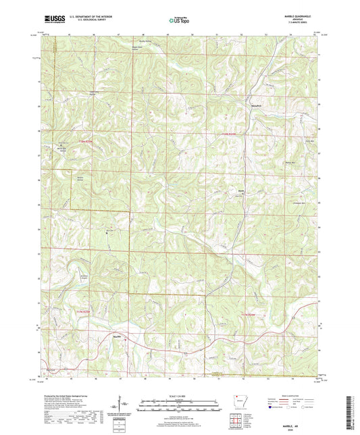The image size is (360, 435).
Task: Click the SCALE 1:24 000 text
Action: coord(180,396)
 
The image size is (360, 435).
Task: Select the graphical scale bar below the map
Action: coord(180,404)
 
